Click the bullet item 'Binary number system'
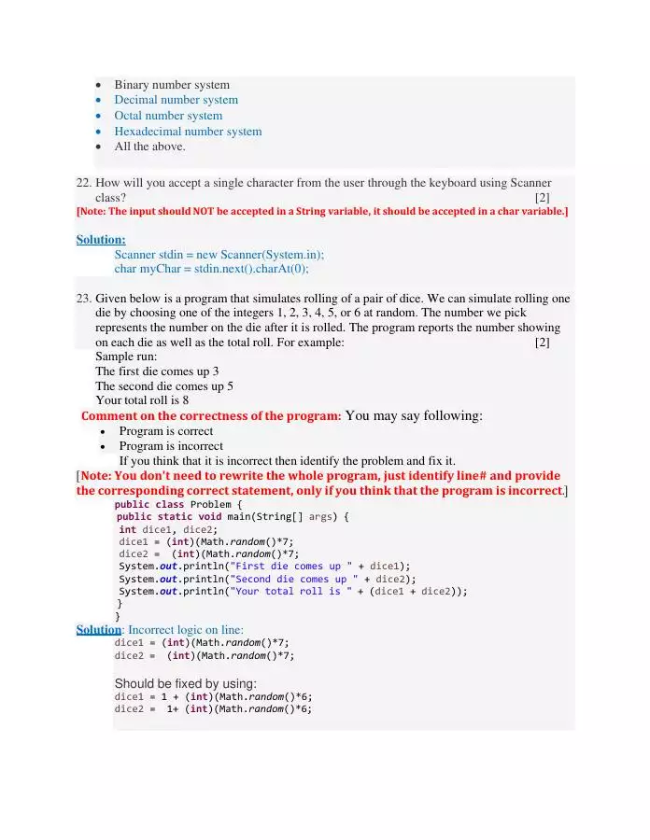click(172, 85)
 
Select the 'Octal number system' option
click(168, 116)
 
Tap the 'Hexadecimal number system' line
click(188, 132)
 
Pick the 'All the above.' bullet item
click(149, 147)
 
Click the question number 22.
click(83, 183)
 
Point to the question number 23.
click(83, 299)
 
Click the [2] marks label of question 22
click(542, 198)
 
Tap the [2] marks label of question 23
click(542, 343)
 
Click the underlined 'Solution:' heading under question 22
click(101, 240)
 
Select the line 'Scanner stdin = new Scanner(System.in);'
click(219, 255)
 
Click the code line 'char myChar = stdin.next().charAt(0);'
click(211, 269)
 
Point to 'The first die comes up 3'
click(157, 371)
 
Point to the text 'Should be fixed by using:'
click(185, 684)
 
